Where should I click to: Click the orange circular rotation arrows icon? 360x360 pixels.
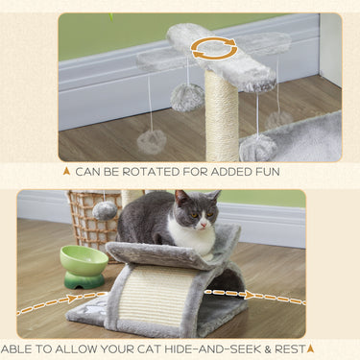pos(214,48)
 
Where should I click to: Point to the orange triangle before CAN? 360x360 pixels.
pos(65,171)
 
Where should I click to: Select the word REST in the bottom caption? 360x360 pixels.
pos(285,349)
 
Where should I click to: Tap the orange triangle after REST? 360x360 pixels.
pos(310,349)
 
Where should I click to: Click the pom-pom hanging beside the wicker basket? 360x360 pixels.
pos(105,209)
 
